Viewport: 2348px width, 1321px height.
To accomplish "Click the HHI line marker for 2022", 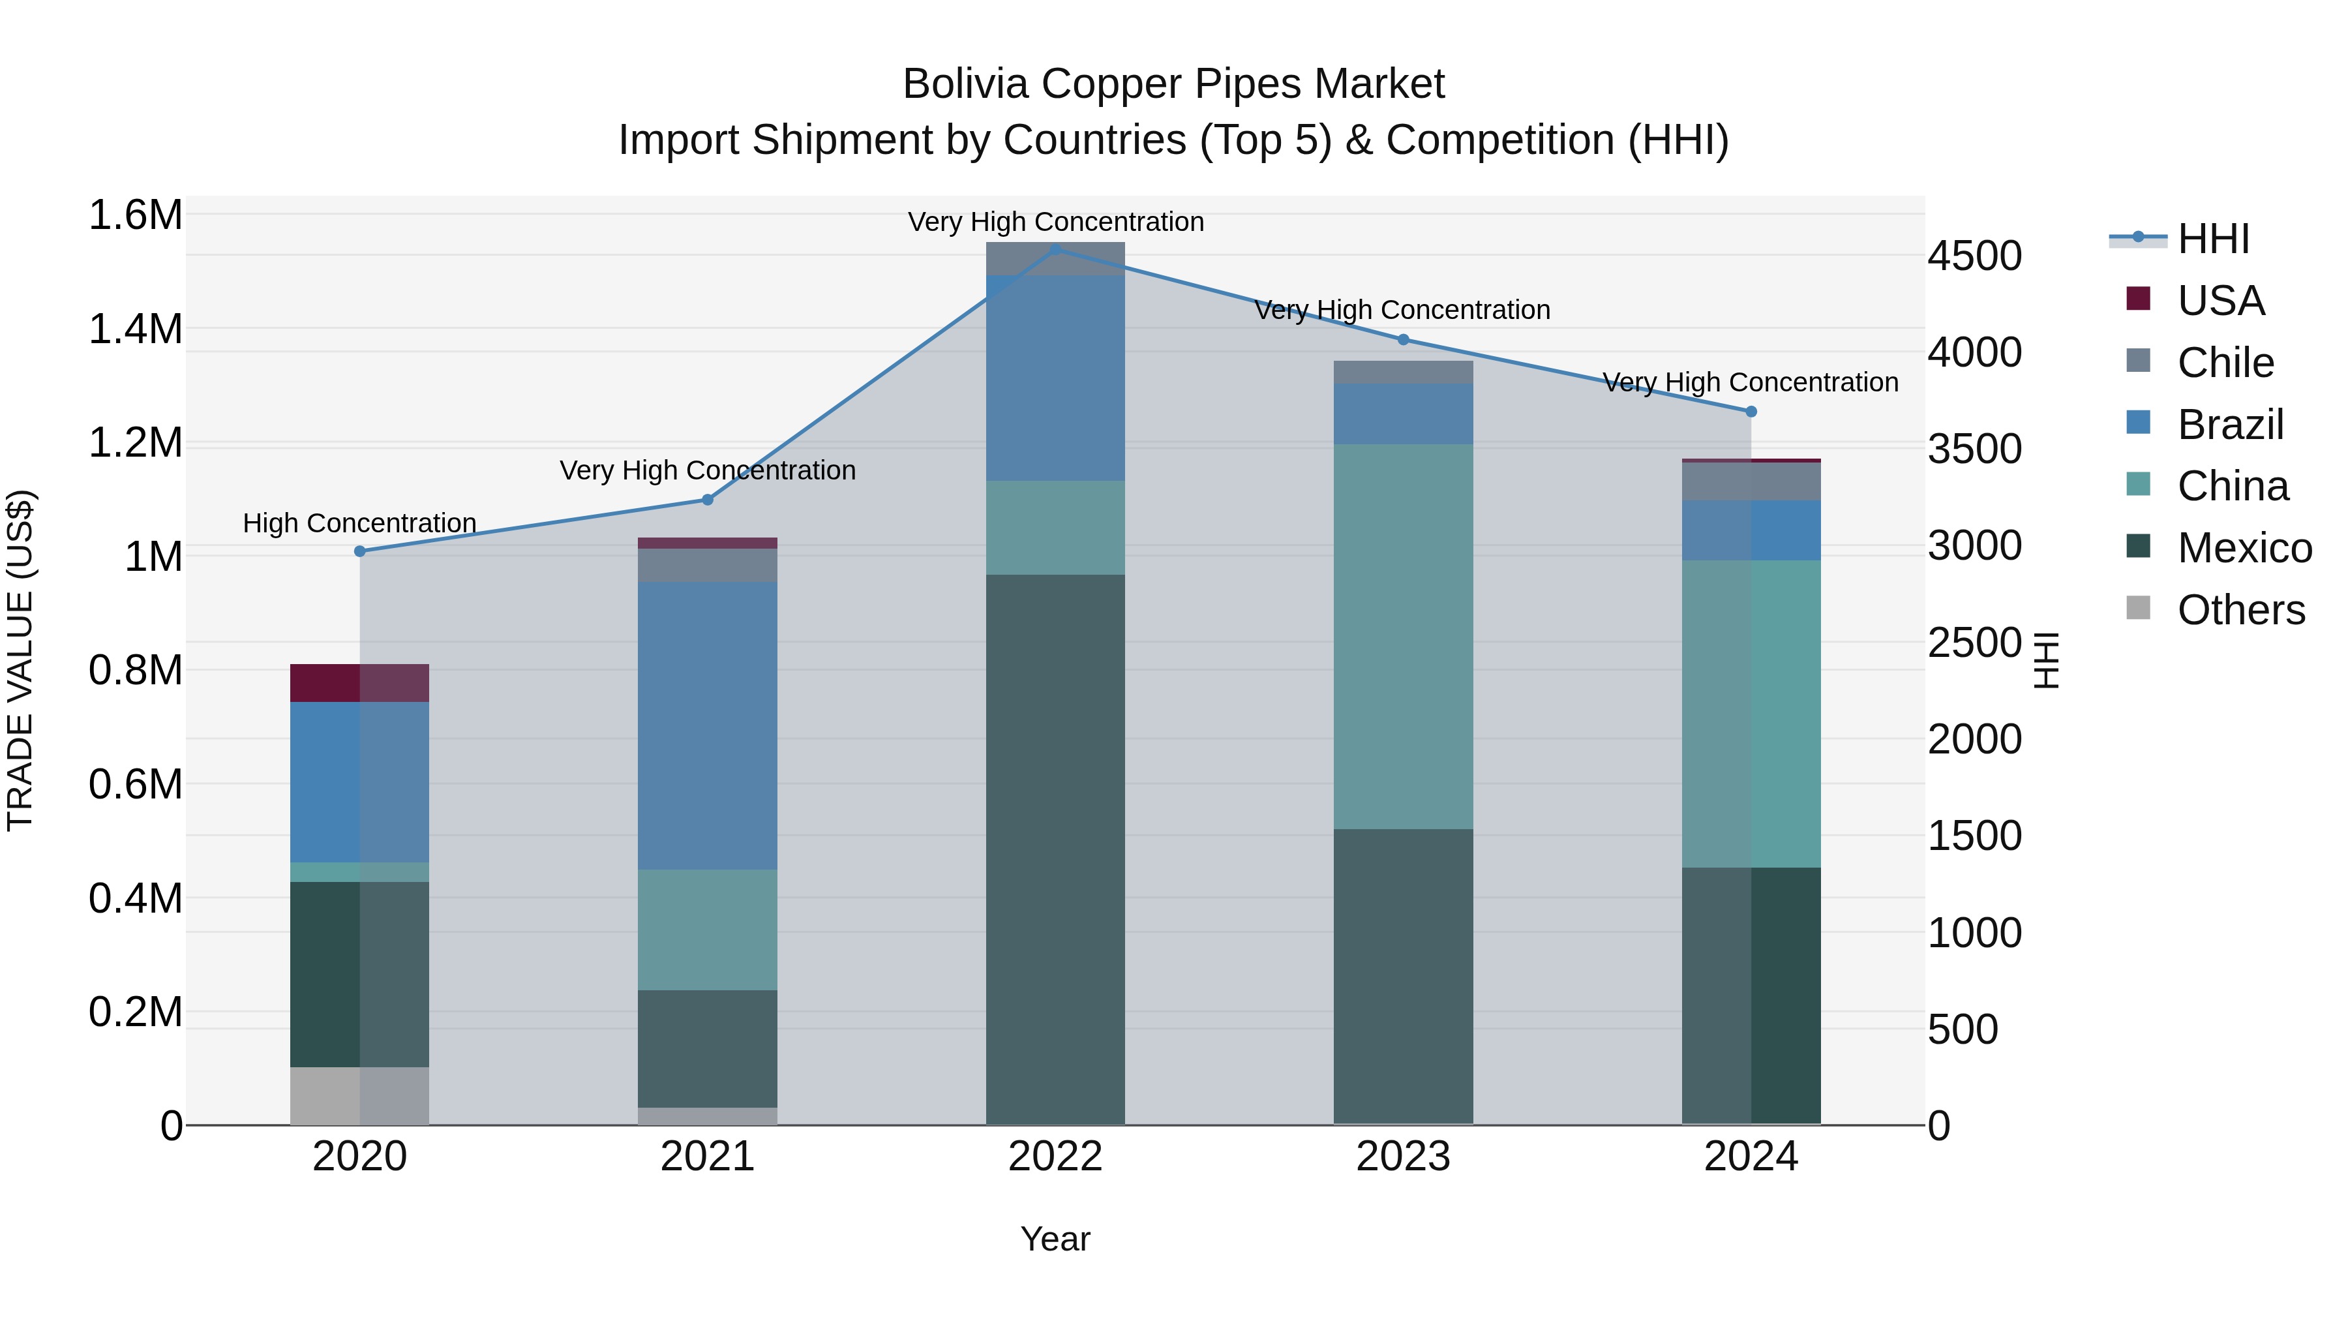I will point(1055,249).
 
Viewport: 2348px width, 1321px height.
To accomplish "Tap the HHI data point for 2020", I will point(360,551).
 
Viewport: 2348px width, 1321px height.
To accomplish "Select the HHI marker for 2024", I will point(1751,412).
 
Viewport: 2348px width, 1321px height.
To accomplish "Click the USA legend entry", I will point(2220,301).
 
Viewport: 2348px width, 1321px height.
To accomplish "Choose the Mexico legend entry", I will point(2244,548).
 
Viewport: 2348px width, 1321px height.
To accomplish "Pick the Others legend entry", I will point(2240,610).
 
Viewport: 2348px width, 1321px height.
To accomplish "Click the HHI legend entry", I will point(2213,239).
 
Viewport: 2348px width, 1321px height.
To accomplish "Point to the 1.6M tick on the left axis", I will point(136,216).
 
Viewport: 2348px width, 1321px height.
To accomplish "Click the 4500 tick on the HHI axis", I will point(1974,256).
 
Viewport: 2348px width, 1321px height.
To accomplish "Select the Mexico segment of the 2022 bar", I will point(1055,848).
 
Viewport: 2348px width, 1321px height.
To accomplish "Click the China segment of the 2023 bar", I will point(1403,636).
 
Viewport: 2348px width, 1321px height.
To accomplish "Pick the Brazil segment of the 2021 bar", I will point(707,725).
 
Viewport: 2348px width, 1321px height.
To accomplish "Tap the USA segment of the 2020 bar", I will point(360,683).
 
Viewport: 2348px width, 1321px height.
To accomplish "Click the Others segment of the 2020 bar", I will point(360,1096).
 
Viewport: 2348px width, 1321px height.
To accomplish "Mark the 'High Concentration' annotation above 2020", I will point(360,523).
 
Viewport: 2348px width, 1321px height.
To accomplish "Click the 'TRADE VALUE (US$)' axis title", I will point(21,660).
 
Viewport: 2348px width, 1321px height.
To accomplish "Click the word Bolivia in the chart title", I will point(965,85).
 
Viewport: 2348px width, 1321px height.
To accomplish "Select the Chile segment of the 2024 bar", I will point(1751,481).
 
